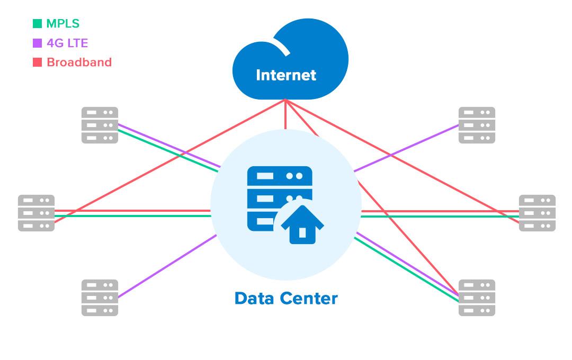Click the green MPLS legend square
(x=37, y=23)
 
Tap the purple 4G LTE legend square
(x=37, y=43)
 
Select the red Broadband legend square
(x=37, y=62)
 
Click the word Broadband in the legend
(x=79, y=62)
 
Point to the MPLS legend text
(x=62, y=23)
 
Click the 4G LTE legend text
(x=67, y=43)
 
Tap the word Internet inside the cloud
(x=286, y=75)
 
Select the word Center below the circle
(x=311, y=299)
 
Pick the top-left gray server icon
(x=100, y=125)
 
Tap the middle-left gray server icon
(x=36, y=213)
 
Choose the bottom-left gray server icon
(x=100, y=298)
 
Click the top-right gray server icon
(x=477, y=125)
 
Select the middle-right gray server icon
(x=537, y=213)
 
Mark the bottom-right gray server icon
(x=477, y=298)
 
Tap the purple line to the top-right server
(x=408, y=148)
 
